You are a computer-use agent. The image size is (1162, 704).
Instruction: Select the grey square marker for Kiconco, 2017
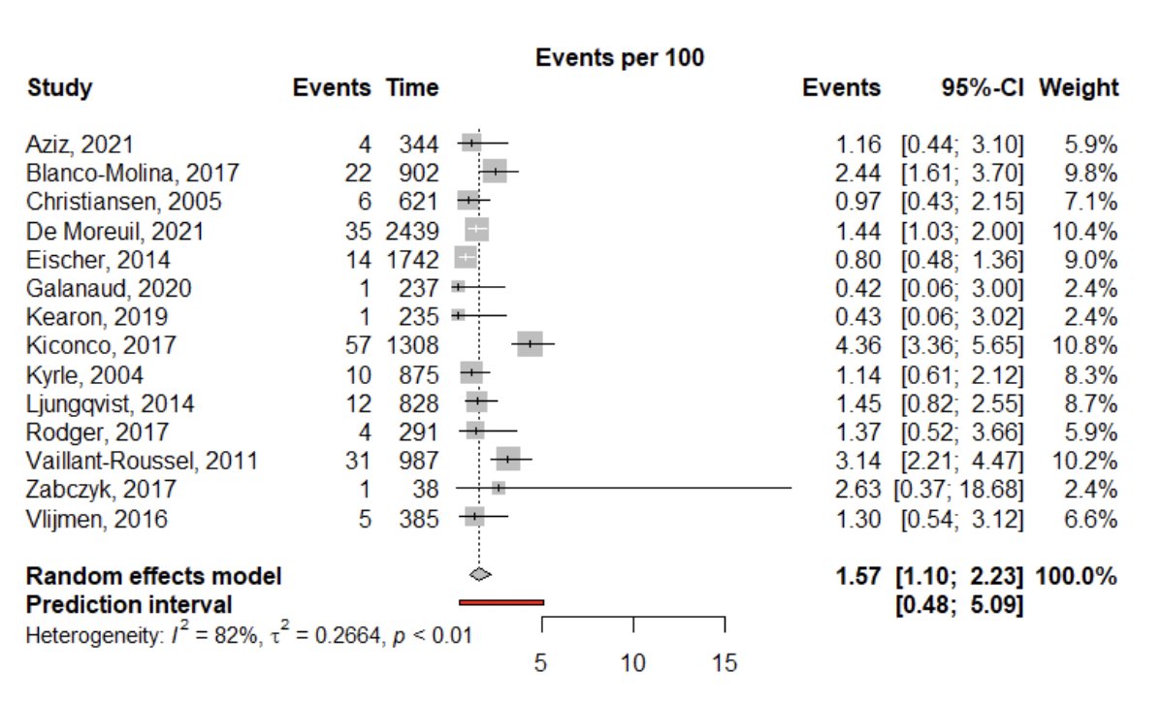click(x=530, y=344)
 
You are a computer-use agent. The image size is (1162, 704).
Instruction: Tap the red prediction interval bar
click(x=501, y=602)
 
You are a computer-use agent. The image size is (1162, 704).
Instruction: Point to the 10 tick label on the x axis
click(x=633, y=663)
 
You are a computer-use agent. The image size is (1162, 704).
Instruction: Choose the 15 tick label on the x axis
click(x=725, y=663)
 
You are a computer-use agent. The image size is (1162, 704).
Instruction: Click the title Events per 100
click(x=620, y=58)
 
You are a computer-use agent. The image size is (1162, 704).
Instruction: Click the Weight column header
click(x=1079, y=88)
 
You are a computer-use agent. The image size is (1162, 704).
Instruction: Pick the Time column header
click(x=412, y=88)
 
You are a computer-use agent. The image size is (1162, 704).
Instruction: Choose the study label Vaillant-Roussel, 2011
click(x=142, y=460)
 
